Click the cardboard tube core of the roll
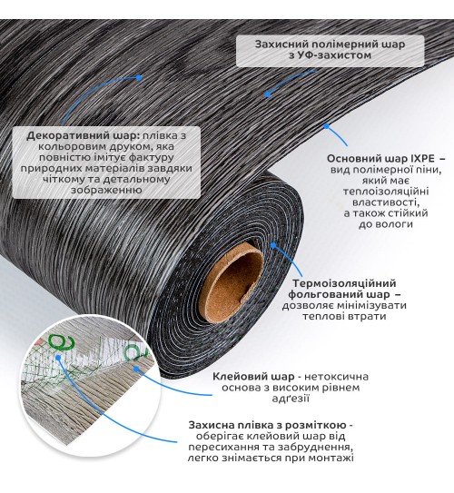(x=232, y=283)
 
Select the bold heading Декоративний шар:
(x=83, y=136)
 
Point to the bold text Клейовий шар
(x=253, y=377)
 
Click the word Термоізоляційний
(x=344, y=283)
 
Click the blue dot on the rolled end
(x=273, y=245)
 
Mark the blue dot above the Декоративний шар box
(x=138, y=78)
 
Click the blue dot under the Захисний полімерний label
(x=268, y=94)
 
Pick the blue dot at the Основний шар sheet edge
(x=326, y=126)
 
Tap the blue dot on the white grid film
(x=58, y=358)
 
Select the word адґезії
(x=291, y=399)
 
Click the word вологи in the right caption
(x=395, y=224)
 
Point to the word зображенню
(x=106, y=191)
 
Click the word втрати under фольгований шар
(x=366, y=316)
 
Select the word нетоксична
(x=337, y=377)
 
